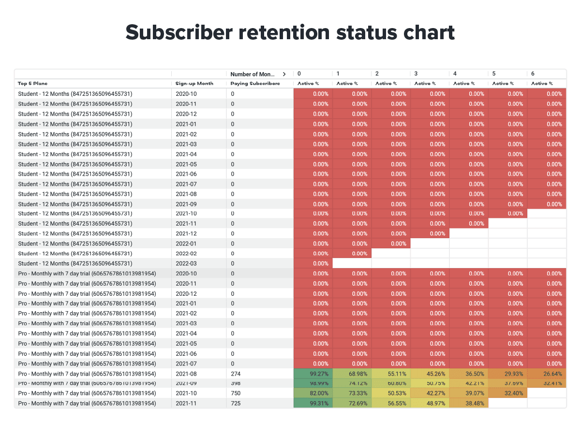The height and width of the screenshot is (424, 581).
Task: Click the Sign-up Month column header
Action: [x=194, y=84]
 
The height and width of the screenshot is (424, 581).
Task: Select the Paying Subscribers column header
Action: [x=255, y=84]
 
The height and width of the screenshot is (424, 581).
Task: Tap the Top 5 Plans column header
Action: [x=33, y=84]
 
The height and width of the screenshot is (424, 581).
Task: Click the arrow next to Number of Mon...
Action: [x=284, y=74]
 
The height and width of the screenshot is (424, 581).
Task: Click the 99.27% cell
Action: [x=313, y=374]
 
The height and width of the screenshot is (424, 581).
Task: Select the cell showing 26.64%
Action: [x=546, y=374]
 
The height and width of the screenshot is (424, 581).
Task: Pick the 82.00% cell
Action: [x=313, y=394]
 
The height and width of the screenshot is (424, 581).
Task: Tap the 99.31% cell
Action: [x=313, y=403]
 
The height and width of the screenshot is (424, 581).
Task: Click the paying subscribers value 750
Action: [x=236, y=394]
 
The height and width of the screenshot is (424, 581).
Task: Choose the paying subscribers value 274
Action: [x=236, y=374]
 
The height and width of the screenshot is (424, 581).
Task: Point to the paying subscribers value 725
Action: [x=236, y=403]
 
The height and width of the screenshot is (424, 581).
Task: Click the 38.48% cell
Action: [x=469, y=403]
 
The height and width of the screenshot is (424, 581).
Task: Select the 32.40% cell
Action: [x=507, y=394]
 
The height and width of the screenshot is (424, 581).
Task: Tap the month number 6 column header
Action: [x=533, y=74]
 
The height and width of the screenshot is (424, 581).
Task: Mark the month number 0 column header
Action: [x=299, y=74]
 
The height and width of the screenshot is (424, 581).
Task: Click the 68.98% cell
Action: [x=352, y=374]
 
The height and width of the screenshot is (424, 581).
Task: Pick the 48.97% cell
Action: [x=430, y=403]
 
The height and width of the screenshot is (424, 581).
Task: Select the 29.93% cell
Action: [x=507, y=374]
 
